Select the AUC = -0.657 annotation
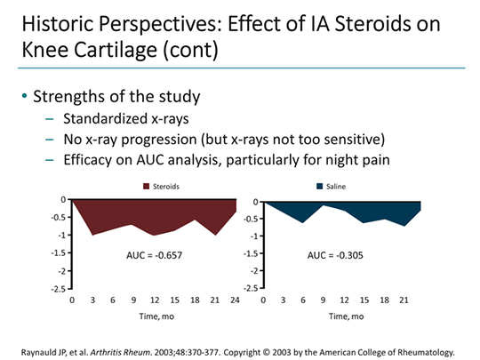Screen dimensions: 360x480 point(153,255)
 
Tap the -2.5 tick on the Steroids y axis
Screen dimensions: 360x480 point(56,288)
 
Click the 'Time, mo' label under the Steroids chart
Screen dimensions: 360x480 point(153,316)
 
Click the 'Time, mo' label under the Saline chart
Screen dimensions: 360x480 point(344,316)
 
